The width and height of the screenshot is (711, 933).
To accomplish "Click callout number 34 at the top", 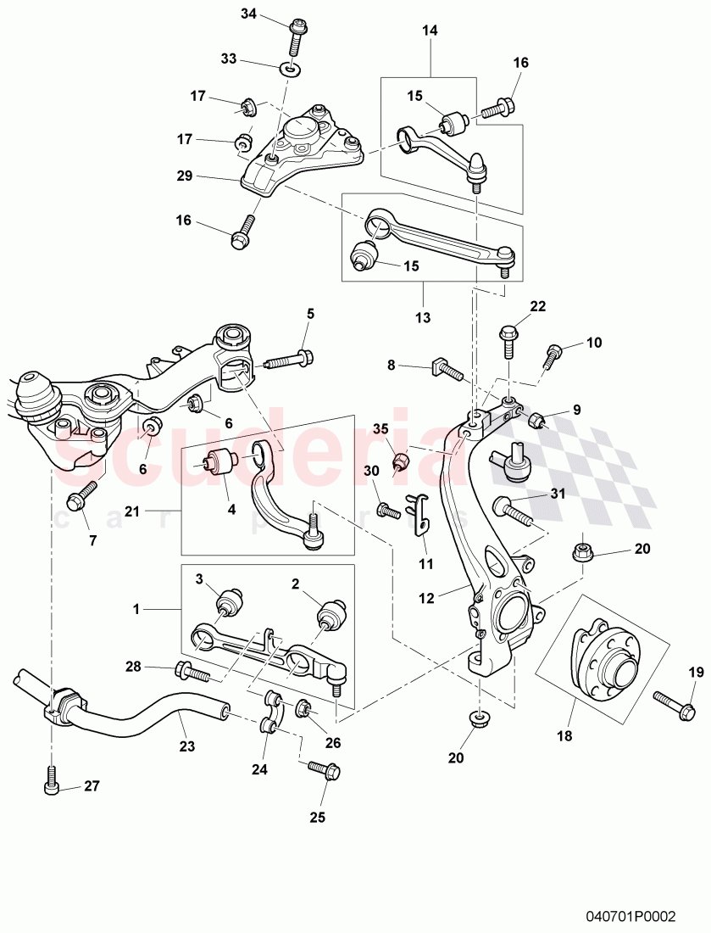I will (x=247, y=14).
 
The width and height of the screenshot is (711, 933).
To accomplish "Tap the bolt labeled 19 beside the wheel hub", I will (x=674, y=702).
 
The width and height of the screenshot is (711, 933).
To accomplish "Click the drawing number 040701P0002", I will (x=632, y=917).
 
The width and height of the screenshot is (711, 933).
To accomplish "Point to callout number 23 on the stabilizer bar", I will (x=186, y=747).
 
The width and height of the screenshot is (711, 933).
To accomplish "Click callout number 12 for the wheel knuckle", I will (x=426, y=598).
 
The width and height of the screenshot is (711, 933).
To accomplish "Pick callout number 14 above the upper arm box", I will (x=430, y=31).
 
